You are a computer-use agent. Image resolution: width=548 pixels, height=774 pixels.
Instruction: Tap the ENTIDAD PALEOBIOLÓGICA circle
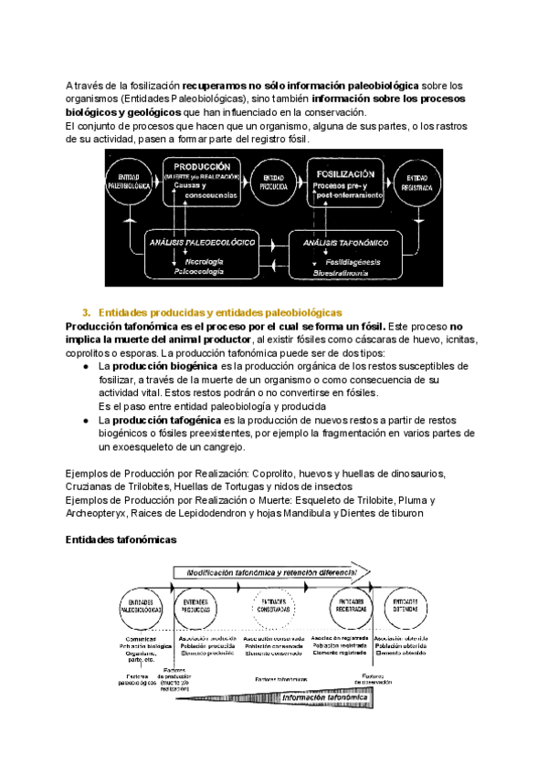[128, 181]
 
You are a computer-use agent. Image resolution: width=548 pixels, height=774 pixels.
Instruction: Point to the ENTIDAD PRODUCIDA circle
[272, 181]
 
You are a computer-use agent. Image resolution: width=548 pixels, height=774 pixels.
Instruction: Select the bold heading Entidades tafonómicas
[121, 539]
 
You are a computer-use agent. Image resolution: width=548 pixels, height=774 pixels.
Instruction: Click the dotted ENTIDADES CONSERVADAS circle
[274, 605]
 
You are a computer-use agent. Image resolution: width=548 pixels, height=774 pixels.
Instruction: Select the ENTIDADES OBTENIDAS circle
[406, 605]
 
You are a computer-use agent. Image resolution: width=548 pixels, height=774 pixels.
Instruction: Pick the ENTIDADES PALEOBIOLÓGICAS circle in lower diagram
[142, 605]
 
